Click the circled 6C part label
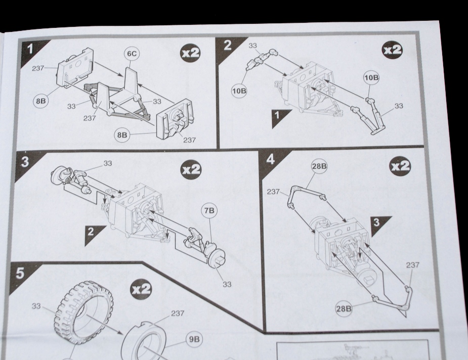pyautogui.click(x=132, y=54)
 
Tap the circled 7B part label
pyautogui.click(x=209, y=210)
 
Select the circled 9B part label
pyautogui.click(x=194, y=339)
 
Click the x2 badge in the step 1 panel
pyautogui.click(x=190, y=53)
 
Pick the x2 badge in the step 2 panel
pyautogui.click(x=393, y=50)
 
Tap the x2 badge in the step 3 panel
pyautogui.click(x=191, y=170)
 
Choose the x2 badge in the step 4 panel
pyautogui.click(x=400, y=166)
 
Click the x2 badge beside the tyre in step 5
pyautogui.click(x=141, y=289)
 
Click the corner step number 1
pyautogui.click(x=30, y=49)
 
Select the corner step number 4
pyautogui.click(x=270, y=160)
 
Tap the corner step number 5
pyautogui.click(x=20, y=273)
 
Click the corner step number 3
pyautogui.click(x=25, y=161)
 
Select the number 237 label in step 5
pyautogui.click(x=178, y=313)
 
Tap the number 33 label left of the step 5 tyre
pyautogui.click(x=36, y=306)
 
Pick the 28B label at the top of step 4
pyautogui.click(x=319, y=166)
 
